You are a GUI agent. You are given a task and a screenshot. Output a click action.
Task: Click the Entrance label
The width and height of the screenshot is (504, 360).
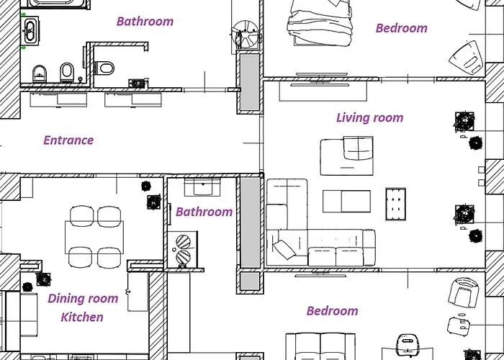[68, 140]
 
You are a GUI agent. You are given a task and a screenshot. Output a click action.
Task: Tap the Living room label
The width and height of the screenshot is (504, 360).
[369, 117]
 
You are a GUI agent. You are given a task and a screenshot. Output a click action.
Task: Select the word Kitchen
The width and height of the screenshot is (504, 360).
[82, 318]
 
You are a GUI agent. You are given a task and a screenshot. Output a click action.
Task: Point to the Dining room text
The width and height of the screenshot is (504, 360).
[83, 299]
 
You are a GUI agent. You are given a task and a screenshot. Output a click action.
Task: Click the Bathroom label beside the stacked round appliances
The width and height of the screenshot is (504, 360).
[204, 212]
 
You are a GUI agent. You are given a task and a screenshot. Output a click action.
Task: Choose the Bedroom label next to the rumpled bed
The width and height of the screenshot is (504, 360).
[402, 28]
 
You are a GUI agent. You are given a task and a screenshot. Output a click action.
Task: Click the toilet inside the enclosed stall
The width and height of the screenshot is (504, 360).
[105, 68]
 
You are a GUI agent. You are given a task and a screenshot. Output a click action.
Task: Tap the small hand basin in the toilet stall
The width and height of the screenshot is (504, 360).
[138, 84]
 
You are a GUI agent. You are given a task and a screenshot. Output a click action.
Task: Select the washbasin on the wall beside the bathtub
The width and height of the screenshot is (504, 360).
[30, 30]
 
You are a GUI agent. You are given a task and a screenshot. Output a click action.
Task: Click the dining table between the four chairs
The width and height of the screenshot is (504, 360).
[94, 237]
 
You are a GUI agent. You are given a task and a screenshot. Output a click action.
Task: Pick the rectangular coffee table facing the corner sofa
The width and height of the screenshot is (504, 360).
[346, 202]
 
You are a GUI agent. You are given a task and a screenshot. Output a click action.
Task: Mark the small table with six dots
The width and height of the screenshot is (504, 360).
[395, 204]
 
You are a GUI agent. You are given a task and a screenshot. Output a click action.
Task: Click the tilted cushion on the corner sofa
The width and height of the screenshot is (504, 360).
[284, 250]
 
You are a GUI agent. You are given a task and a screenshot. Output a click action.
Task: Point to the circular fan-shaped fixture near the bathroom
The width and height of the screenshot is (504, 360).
[246, 34]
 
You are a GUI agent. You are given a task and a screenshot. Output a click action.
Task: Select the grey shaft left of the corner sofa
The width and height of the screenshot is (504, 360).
[250, 222]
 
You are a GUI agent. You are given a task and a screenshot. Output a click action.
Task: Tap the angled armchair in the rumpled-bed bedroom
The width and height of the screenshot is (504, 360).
[465, 58]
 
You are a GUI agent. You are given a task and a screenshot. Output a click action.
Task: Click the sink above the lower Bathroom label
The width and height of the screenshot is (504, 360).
[202, 187]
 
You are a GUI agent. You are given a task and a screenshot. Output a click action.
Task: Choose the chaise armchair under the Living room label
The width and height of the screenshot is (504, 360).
[347, 156]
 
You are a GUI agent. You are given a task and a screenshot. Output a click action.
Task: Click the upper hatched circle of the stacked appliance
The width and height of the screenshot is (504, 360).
[183, 242]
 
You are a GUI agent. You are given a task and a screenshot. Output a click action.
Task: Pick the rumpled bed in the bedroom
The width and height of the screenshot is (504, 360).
[319, 22]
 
